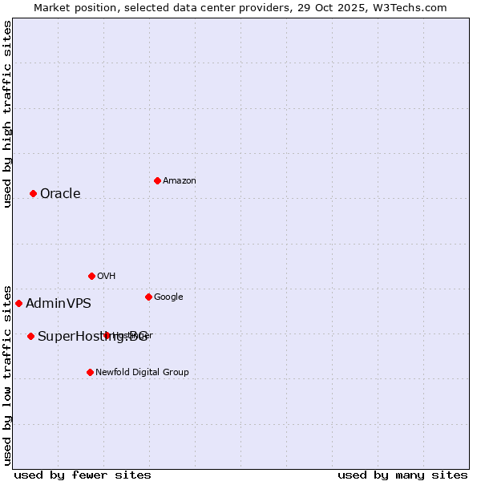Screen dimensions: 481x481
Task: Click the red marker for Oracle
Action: [x=33, y=193]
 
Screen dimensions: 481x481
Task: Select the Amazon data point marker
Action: [x=157, y=180]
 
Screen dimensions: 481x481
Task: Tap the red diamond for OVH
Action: [x=91, y=276]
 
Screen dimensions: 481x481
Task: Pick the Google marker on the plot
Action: [x=148, y=297]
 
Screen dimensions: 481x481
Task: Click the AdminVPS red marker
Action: [x=18, y=303]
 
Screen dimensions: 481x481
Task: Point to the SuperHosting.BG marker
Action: [x=30, y=336]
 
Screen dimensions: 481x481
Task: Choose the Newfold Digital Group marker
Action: [x=90, y=372]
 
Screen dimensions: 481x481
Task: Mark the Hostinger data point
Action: [x=107, y=335]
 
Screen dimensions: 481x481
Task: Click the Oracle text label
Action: [x=60, y=193]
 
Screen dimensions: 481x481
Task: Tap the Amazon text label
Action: [x=180, y=180]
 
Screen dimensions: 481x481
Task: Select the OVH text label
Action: [x=107, y=276]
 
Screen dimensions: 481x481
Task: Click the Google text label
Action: [x=168, y=297]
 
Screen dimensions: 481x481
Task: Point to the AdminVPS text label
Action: [x=59, y=303]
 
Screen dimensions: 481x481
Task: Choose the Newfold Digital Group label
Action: [x=142, y=372]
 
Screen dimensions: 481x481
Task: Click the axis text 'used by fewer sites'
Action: [x=83, y=475]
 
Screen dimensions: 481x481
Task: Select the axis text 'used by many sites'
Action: [x=402, y=475]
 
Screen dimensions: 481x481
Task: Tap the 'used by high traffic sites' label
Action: [x=7, y=114]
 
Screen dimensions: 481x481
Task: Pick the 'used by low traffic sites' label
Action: [x=7, y=374]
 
